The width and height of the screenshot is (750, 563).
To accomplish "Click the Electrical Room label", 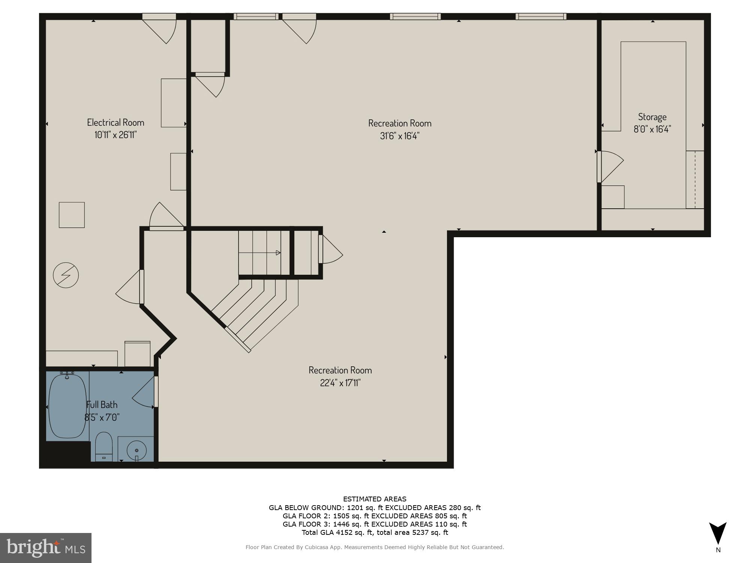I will pyautogui.click(x=115, y=122).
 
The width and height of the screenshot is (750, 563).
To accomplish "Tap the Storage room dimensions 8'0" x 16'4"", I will pyautogui.click(x=652, y=129).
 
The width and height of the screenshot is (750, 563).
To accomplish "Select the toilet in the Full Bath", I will pyautogui.click(x=104, y=446).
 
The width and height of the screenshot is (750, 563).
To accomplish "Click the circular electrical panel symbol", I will pyautogui.click(x=66, y=275).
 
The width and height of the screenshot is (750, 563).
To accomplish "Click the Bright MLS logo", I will pyautogui.click(x=46, y=548).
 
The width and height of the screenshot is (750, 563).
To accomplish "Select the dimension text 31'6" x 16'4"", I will pyautogui.click(x=399, y=136).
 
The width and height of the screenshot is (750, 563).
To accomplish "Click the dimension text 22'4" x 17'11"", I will pyautogui.click(x=340, y=383).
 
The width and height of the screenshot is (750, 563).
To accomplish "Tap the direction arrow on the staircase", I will pyautogui.click(x=278, y=253).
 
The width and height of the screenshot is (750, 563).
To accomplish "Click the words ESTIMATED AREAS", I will pyautogui.click(x=375, y=499).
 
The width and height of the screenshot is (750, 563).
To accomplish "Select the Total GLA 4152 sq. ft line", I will pyautogui.click(x=375, y=532).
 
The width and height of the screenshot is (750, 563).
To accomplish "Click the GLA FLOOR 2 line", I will pyautogui.click(x=375, y=516).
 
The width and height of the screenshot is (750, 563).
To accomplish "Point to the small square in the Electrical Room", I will pyautogui.click(x=72, y=215).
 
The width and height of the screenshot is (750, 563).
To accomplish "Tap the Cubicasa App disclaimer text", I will pyautogui.click(x=375, y=547).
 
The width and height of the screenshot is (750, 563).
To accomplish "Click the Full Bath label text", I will pyautogui.click(x=102, y=405).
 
